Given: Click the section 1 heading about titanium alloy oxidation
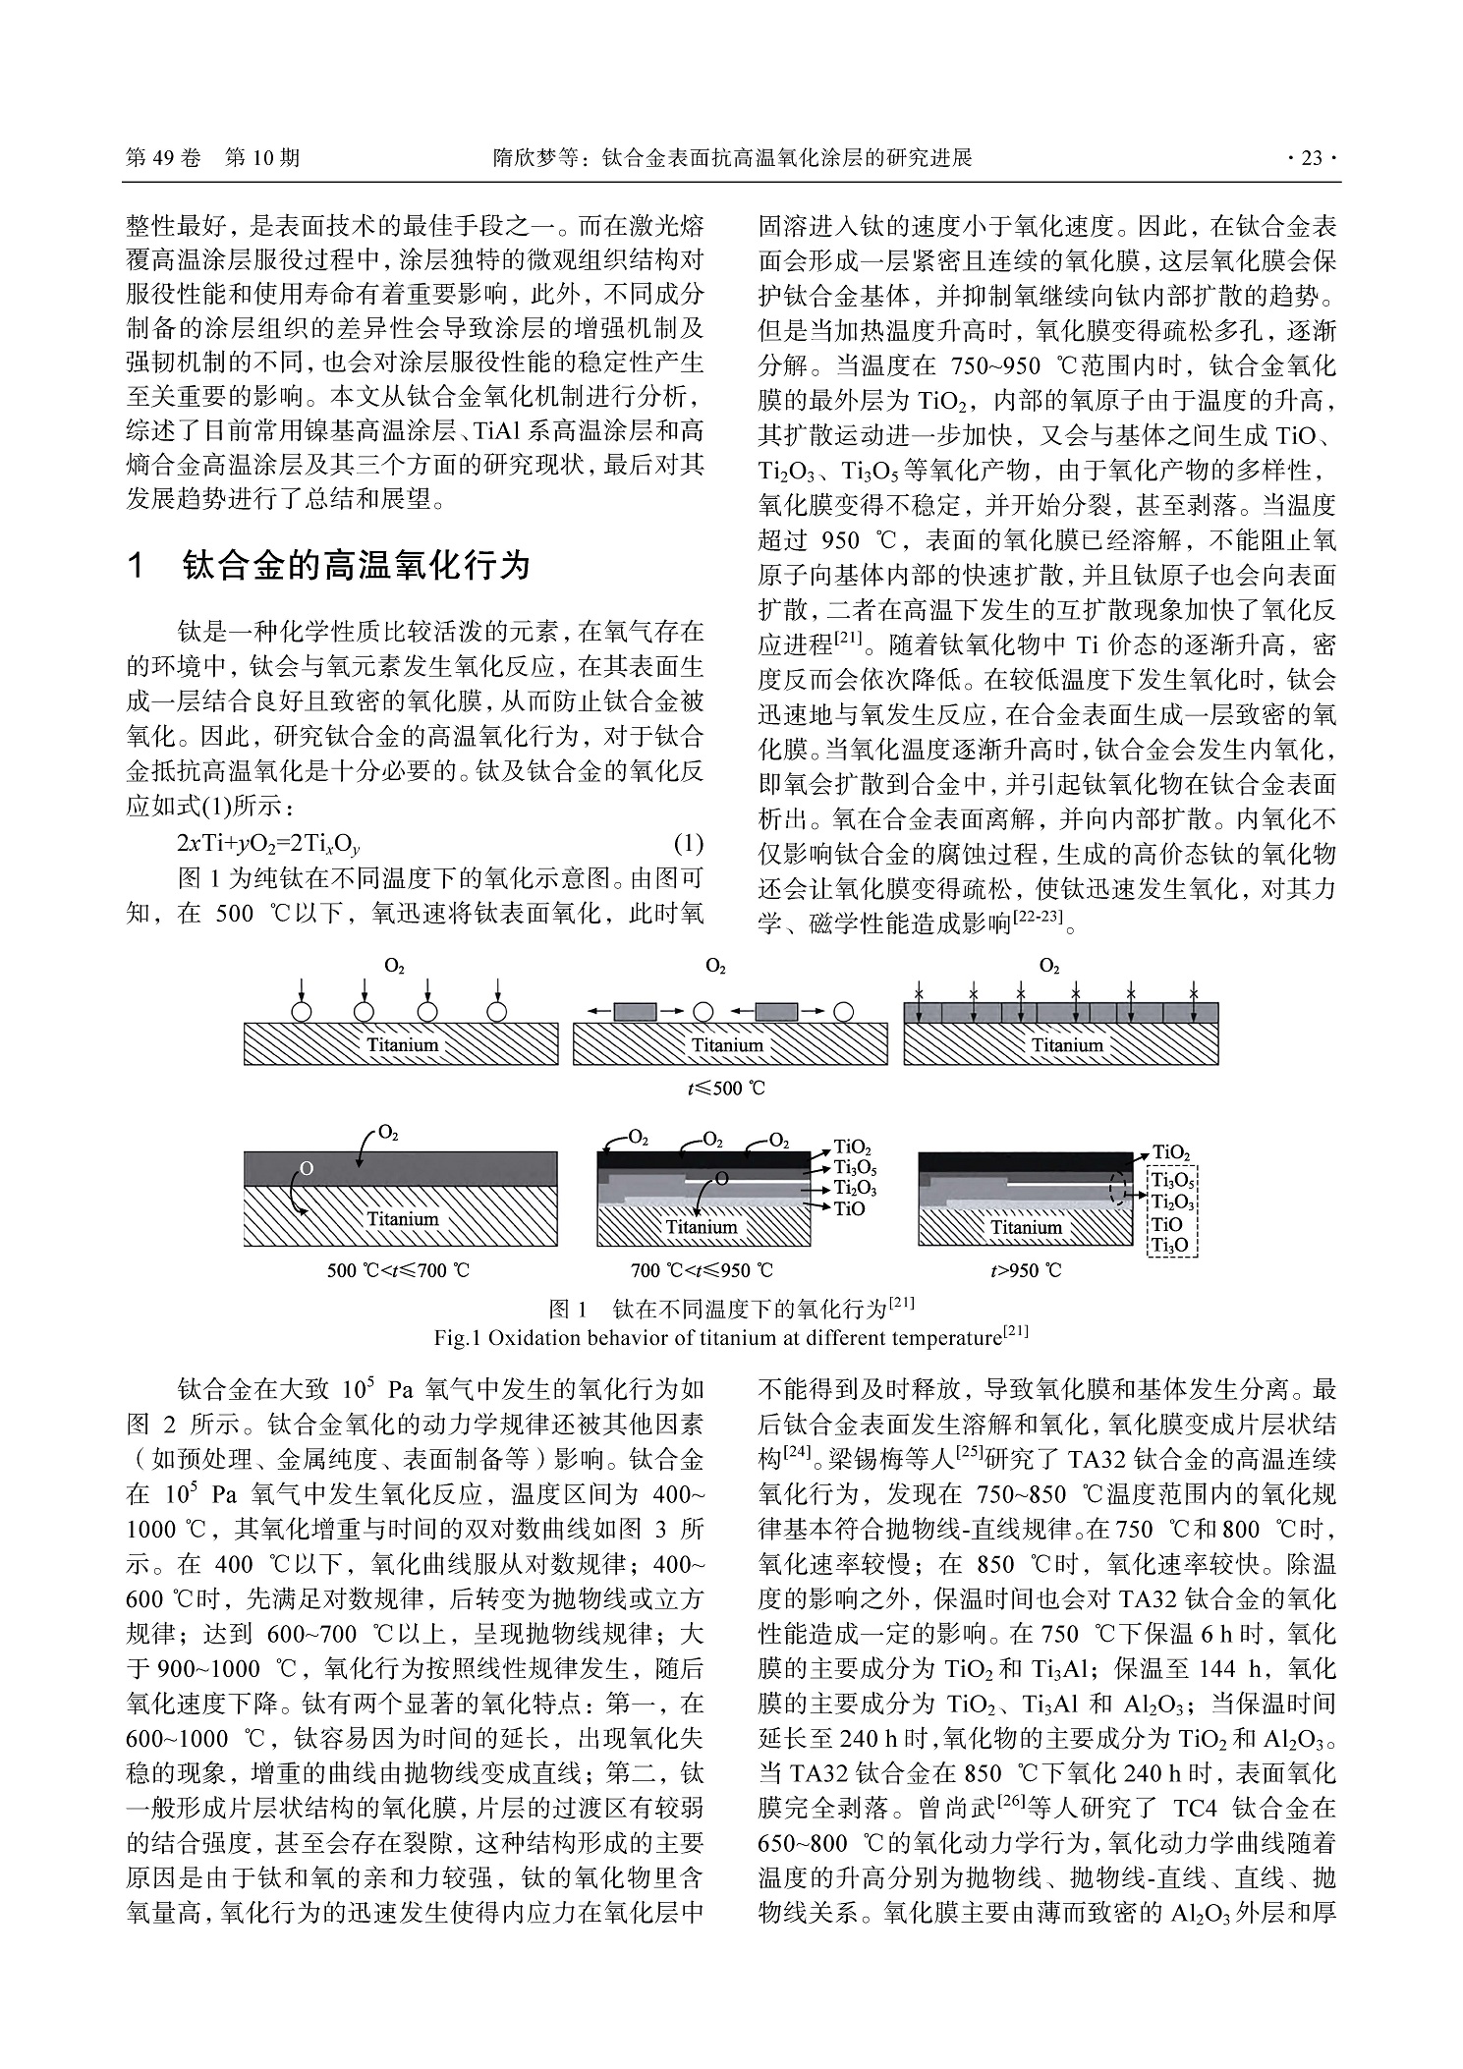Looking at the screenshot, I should (x=328, y=566).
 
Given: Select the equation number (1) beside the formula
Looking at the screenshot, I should (x=688, y=844).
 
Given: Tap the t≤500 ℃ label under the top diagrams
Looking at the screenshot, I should (x=726, y=1089).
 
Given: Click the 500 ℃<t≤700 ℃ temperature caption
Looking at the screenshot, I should (x=398, y=1270).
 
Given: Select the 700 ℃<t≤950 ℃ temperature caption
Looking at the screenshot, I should (x=702, y=1270).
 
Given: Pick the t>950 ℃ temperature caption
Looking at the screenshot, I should (x=1026, y=1270).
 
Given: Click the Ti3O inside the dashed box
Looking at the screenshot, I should (x=1169, y=1246).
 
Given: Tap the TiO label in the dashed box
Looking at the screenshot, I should (x=1166, y=1224).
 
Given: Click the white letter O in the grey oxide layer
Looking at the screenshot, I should (x=307, y=1168).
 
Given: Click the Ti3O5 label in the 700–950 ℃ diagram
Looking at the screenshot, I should (x=855, y=1167).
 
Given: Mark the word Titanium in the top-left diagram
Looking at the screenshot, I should (x=402, y=1044).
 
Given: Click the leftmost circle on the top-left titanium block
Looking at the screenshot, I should (x=302, y=1011).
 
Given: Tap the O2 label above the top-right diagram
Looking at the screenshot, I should (x=1049, y=967).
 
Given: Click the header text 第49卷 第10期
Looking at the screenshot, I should (x=213, y=158).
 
